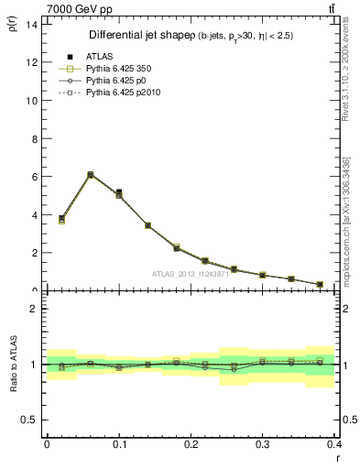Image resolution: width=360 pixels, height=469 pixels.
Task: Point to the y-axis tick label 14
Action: click(30, 24)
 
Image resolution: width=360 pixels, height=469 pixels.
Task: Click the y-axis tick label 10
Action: click(30, 100)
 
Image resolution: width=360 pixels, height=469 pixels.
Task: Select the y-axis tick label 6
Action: click(33, 177)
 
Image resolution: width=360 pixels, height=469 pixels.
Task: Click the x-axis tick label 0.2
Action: click(191, 443)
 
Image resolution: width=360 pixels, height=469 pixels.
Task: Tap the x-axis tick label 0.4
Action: click(334, 443)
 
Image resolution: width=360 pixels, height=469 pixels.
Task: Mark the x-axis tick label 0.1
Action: click(118, 443)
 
